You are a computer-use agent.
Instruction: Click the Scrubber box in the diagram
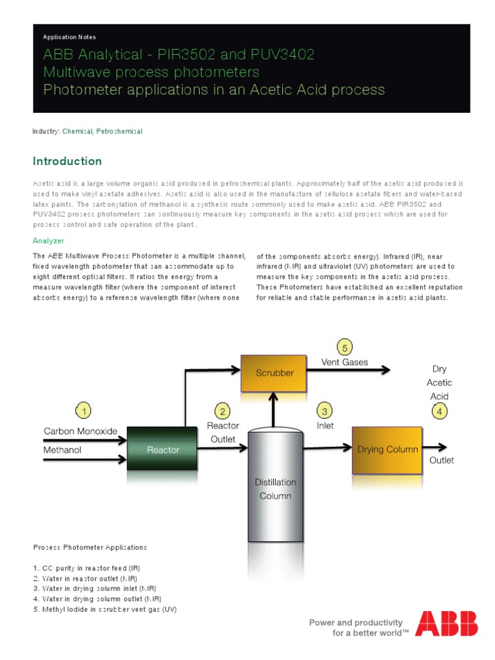click(275, 373)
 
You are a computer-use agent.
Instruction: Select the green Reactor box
click(162, 449)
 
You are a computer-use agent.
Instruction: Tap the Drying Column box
click(387, 449)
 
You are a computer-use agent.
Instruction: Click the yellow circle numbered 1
click(82, 411)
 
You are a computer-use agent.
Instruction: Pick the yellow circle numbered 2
click(222, 411)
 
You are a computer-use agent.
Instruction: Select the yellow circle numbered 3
click(325, 411)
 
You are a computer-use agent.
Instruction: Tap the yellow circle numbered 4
click(439, 412)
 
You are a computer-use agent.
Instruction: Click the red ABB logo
click(447, 624)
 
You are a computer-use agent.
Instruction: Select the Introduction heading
click(67, 161)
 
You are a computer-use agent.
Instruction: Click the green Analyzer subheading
click(48, 240)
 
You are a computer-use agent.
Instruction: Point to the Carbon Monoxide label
click(81, 431)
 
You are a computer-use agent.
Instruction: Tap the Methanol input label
click(63, 450)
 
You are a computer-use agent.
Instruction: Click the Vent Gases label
click(345, 362)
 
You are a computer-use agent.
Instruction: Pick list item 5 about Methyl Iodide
click(104, 608)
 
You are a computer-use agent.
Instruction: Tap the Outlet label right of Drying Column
click(442, 460)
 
